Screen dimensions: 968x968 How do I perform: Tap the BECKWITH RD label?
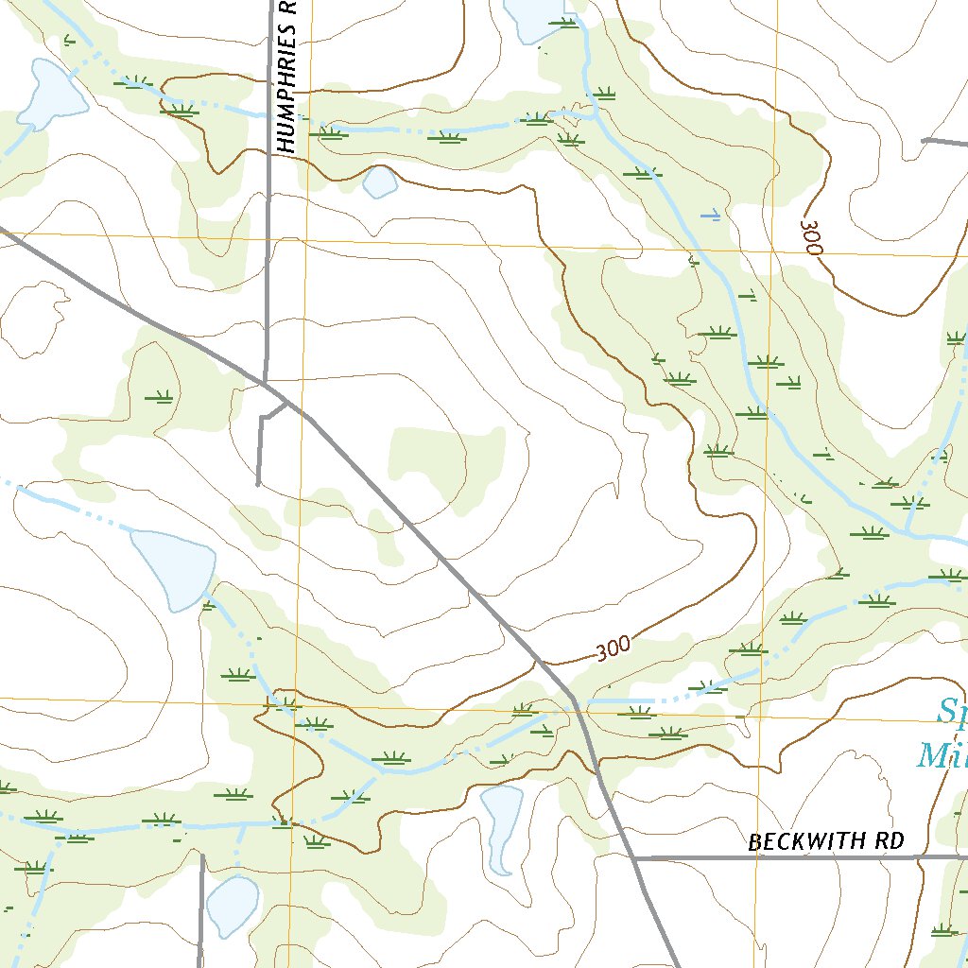pos(825,840)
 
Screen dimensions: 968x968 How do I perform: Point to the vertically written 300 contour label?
pos(811,236)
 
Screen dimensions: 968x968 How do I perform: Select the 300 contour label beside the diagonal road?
pos(614,648)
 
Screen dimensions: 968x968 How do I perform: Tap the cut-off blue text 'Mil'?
pos(942,755)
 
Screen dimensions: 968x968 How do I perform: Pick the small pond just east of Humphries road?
pos(380,181)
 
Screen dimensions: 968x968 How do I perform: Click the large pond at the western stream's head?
pos(173,567)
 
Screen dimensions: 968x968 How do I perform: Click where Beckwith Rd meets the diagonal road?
pos(633,858)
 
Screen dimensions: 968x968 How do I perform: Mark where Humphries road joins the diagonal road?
pos(267,381)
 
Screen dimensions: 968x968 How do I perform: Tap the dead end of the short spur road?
pos(258,484)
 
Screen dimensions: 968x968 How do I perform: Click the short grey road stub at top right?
pos(943,142)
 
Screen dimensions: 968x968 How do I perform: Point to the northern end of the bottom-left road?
pos(202,856)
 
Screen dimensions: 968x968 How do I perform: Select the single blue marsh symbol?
pos(710,216)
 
